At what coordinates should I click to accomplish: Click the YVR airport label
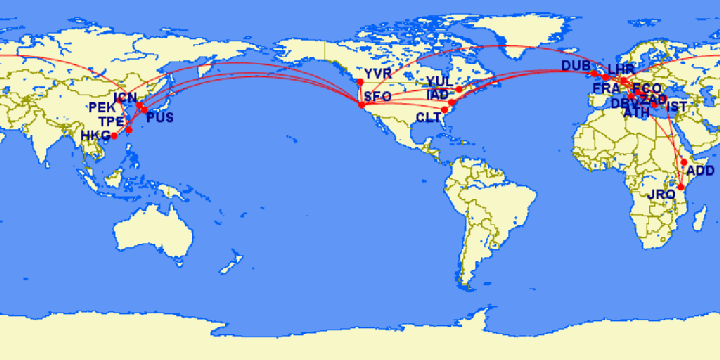[x=378, y=75]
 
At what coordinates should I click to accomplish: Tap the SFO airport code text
[x=378, y=97]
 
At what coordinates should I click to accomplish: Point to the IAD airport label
[x=437, y=95]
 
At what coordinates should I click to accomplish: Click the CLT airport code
[x=427, y=117]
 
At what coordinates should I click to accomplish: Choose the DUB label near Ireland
[x=575, y=66]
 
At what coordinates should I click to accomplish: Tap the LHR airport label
[x=621, y=69]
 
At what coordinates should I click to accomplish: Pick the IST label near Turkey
[x=677, y=107]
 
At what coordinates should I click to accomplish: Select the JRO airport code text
[x=663, y=194]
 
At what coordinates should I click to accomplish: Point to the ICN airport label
[x=127, y=98]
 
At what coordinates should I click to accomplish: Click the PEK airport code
[x=102, y=107]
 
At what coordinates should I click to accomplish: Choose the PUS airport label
[x=159, y=118]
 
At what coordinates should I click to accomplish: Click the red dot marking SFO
[x=361, y=104]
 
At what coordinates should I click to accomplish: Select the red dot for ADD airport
[x=684, y=162]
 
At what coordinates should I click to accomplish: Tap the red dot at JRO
[x=681, y=186]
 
